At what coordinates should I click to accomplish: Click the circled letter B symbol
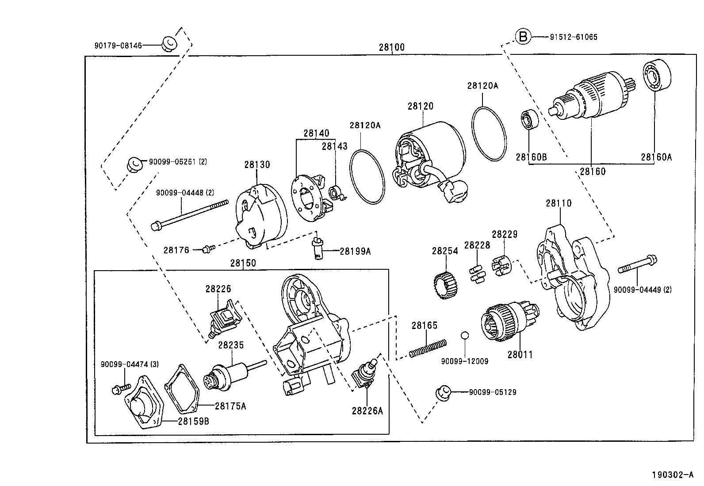[x=523, y=36]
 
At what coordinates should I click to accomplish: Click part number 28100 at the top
[x=391, y=47]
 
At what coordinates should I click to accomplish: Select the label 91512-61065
[x=574, y=37]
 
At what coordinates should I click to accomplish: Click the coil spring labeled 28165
[x=428, y=348]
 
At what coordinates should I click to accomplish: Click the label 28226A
[x=367, y=411]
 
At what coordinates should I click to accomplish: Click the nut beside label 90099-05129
[x=444, y=392]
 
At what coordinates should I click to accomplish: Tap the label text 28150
[x=243, y=263]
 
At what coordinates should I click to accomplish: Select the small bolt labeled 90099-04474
[x=120, y=389]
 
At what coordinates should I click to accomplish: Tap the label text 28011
[x=520, y=354]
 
